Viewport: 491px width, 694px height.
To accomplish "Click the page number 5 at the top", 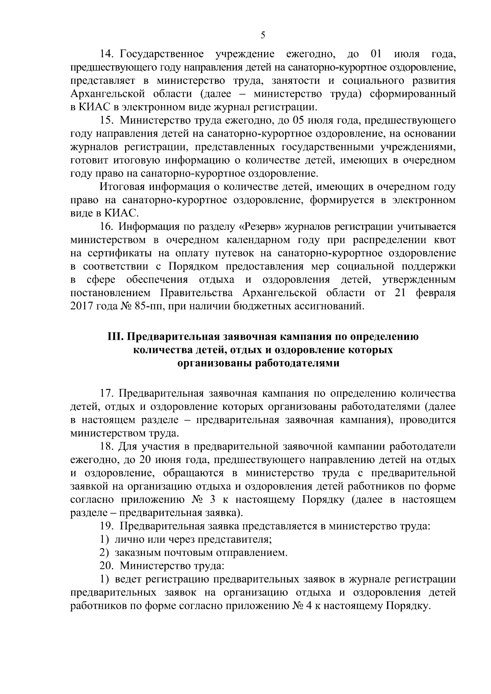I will (x=263, y=36).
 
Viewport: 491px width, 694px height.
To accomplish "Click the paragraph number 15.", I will (x=108, y=121).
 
